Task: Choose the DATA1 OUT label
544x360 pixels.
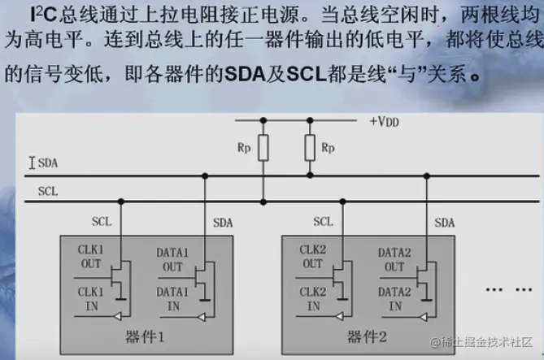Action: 173,259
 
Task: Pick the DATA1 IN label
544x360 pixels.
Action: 173,299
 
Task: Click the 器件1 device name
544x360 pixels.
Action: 147,336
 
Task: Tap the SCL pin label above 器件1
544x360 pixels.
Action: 102,220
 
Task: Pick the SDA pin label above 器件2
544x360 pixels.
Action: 444,222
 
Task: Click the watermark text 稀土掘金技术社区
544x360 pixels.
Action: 486,341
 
